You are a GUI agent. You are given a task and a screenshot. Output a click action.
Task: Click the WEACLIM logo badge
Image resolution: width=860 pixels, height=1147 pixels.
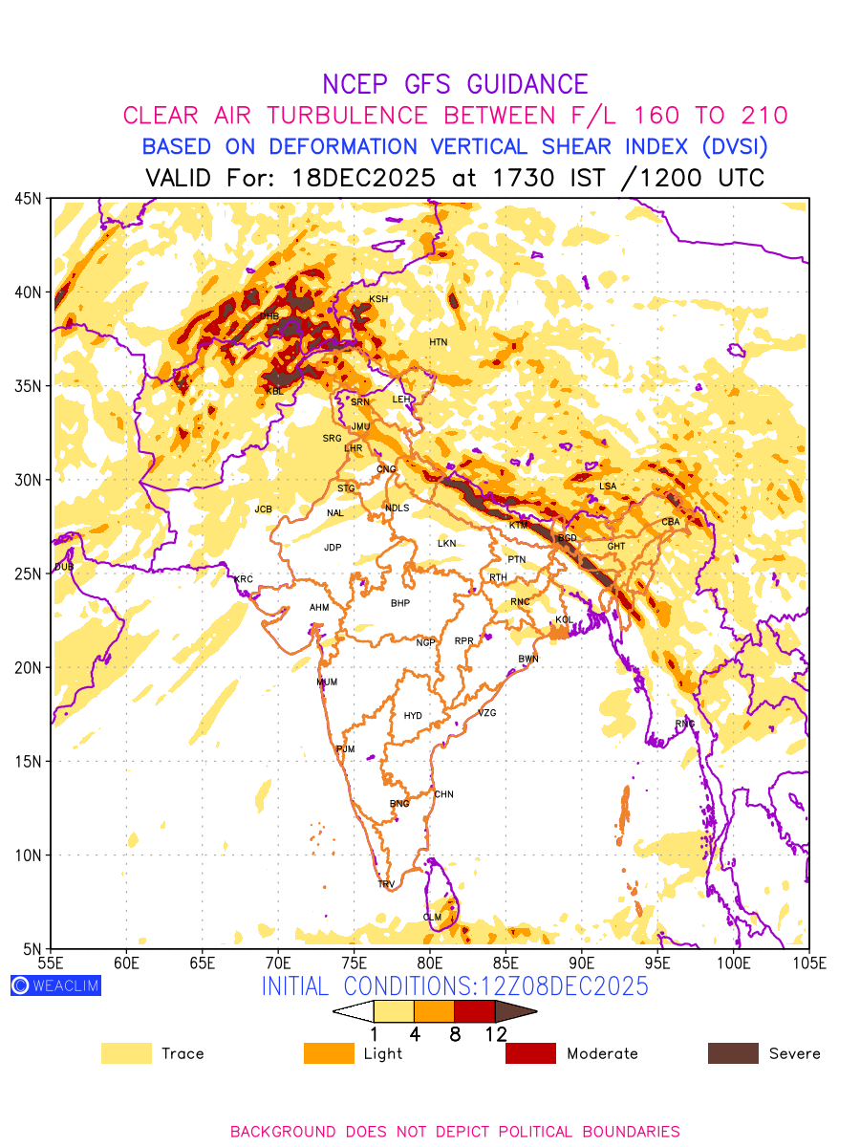pyautogui.click(x=55, y=985)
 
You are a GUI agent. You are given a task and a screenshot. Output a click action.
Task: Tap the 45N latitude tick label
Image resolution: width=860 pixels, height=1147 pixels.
pyautogui.click(x=28, y=198)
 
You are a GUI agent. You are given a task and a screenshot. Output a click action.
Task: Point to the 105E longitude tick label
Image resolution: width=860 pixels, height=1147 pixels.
pyautogui.click(x=808, y=962)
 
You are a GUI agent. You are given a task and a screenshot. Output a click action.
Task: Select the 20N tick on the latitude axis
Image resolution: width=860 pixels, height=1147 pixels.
pyautogui.click(x=28, y=667)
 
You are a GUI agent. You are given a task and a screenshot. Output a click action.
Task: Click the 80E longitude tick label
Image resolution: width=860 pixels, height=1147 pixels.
pyautogui.click(x=430, y=962)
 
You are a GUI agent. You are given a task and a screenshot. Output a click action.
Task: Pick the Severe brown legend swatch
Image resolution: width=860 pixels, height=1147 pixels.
pyautogui.click(x=733, y=1053)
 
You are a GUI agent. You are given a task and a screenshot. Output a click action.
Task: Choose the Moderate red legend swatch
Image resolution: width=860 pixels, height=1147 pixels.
pyautogui.click(x=530, y=1053)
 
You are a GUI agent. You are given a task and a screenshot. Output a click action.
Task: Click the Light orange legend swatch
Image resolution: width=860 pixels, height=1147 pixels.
pyautogui.click(x=329, y=1053)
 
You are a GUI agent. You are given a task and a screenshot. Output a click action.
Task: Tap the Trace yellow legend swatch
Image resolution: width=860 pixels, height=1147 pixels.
pyautogui.click(x=126, y=1053)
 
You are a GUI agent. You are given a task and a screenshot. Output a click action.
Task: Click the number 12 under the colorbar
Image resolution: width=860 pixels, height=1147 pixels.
pyautogui.click(x=495, y=1033)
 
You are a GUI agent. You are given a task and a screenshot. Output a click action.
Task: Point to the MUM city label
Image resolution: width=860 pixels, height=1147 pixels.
pyautogui.click(x=327, y=682)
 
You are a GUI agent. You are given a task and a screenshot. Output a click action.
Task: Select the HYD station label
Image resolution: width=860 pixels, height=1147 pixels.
pyautogui.click(x=413, y=716)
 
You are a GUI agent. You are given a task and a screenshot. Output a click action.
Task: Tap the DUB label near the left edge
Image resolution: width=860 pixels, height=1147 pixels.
pyautogui.click(x=64, y=567)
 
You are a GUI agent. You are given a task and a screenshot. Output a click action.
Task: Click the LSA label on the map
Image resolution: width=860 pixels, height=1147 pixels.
pyautogui.click(x=608, y=487)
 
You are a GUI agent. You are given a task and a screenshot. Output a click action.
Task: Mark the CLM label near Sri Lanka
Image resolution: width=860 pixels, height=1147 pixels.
pyautogui.click(x=432, y=918)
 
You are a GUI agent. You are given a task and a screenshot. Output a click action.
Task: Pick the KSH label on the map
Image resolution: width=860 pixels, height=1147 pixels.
pyautogui.click(x=378, y=299)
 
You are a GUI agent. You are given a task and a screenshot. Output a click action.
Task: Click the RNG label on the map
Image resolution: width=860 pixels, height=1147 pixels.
pyautogui.click(x=685, y=724)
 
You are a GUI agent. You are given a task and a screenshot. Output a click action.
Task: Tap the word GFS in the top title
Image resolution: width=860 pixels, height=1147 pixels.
pyautogui.click(x=439, y=84)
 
